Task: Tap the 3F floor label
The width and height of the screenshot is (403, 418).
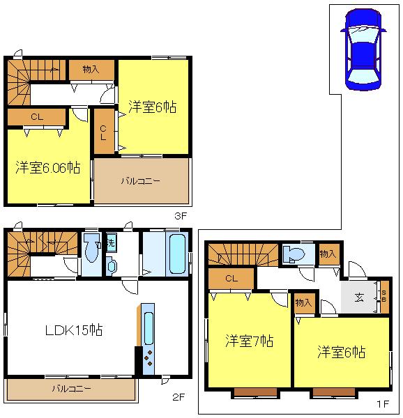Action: point(181,216)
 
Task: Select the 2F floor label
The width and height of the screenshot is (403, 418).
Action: point(178,398)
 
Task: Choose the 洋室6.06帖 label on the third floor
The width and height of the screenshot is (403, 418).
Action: point(47,167)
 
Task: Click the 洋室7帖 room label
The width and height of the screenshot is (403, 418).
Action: point(248,341)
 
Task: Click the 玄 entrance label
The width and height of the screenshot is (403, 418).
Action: point(358,297)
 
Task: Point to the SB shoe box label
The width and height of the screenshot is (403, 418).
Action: point(383,297)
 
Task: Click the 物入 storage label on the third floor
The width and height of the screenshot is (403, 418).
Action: point(90,69)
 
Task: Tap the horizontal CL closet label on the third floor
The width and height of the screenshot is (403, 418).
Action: point(36,117)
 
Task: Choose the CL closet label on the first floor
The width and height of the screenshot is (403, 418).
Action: point(230,279)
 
